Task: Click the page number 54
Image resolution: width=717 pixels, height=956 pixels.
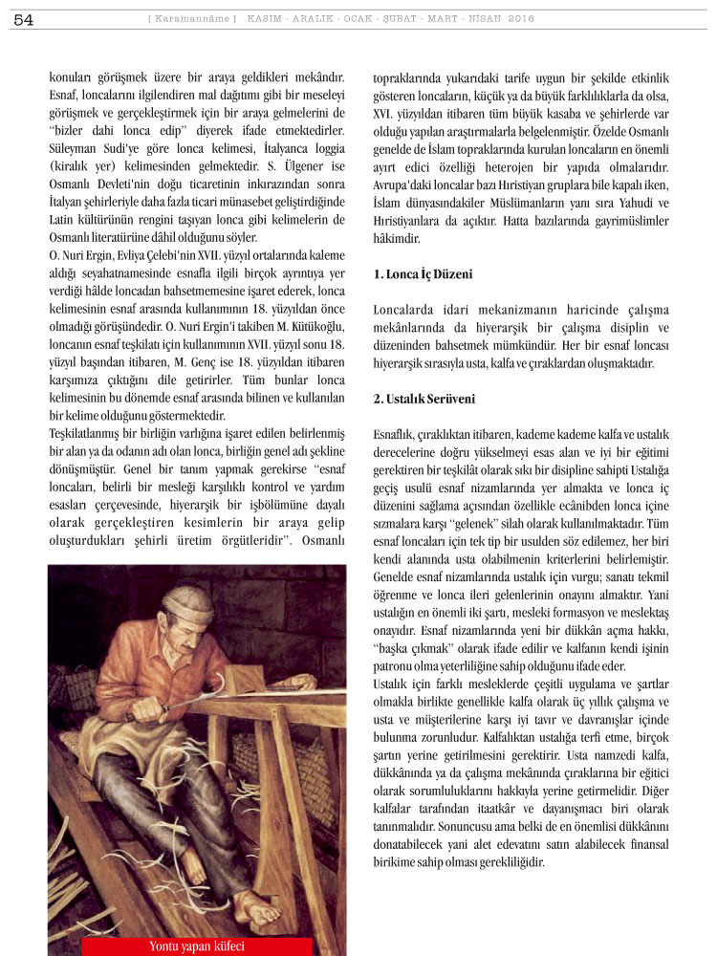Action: (x=24, y=19)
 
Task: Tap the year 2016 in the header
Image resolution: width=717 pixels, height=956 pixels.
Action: (x=521, y=18)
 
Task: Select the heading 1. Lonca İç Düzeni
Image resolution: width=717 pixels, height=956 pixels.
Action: (x=423, y=274)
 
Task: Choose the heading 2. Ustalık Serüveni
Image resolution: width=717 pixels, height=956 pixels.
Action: (x=424, y=399)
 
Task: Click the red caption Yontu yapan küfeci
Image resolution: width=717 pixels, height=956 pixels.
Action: (x=197, y=946)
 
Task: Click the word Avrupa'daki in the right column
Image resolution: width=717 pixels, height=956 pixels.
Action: (x=403, y=185)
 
